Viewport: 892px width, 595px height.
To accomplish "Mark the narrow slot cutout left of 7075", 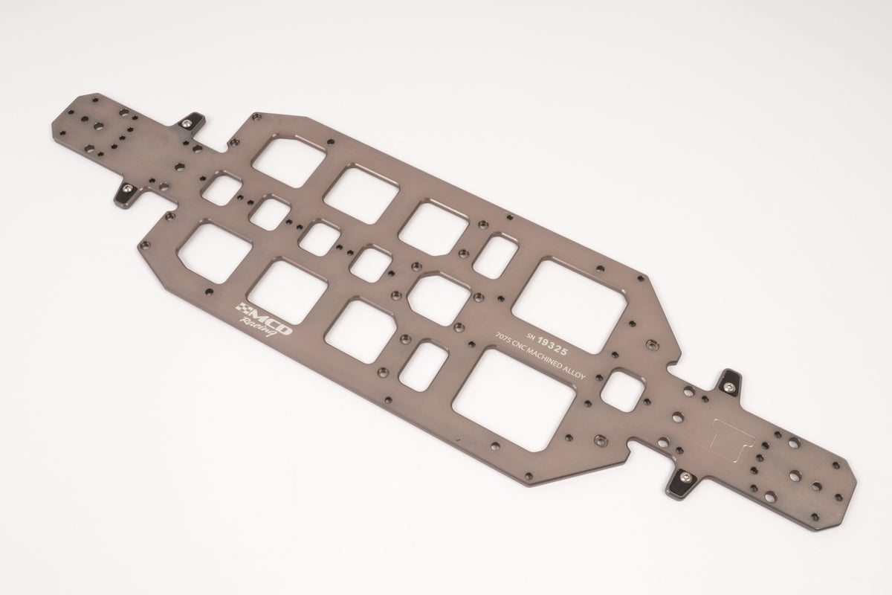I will pos(424,364).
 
